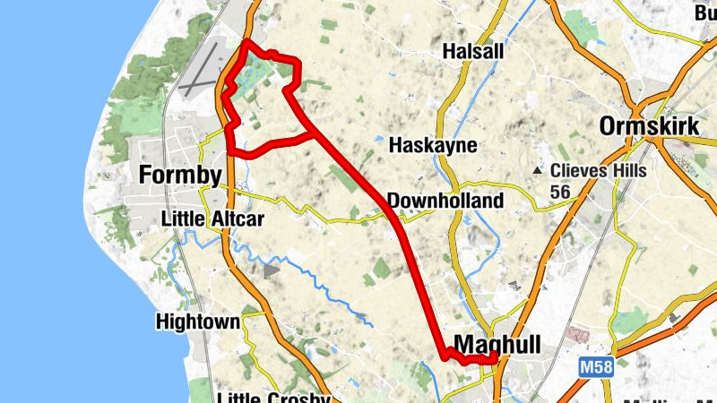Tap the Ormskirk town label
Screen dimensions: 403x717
649,125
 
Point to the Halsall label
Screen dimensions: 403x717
473,53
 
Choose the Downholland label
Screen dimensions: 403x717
445,200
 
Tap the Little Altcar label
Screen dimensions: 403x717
212,219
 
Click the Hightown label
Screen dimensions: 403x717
197,321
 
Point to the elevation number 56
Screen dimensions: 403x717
561,192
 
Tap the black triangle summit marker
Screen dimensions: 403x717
538,170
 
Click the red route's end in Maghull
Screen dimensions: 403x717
495,359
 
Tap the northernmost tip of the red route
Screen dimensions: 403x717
247,42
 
